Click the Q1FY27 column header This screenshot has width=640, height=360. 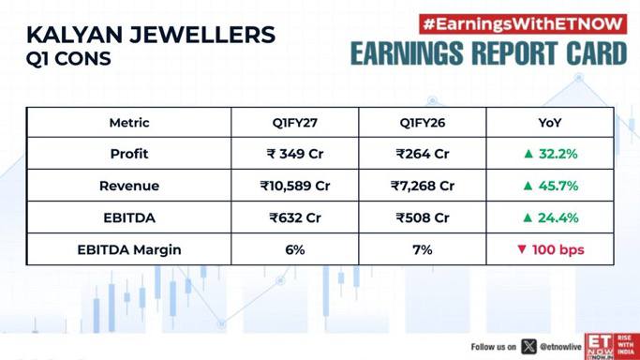tap(294, 123)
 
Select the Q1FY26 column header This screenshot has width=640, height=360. tap(423, 123)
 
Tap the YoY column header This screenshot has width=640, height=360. tap(550, 123)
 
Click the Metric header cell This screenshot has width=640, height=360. tap(129, 123)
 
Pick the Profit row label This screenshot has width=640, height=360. tap(129, 154)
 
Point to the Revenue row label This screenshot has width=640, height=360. tap(129, 186)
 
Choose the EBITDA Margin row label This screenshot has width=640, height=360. tap(129, 249)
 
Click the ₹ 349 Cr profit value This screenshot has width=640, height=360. tap(295, 154)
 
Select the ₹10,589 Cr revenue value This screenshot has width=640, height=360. tap(295, 186)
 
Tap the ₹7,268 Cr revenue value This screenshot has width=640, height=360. tap(423, 186)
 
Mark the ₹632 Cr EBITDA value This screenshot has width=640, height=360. tap(295, 217)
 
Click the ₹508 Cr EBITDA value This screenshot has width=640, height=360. tap(423, 217)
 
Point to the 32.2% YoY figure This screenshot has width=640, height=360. tap(558, 154)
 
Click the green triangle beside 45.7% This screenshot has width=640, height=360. tap(528, 186)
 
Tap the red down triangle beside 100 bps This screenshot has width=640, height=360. tap(522, 249)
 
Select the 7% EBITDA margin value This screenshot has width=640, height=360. tap(423, 249)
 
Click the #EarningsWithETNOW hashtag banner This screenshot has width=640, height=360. tap(523, 24)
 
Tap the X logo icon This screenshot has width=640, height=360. tap(528, 347)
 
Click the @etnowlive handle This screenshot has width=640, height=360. tap(560, 347)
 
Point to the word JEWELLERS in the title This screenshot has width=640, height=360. tap(202, 35)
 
